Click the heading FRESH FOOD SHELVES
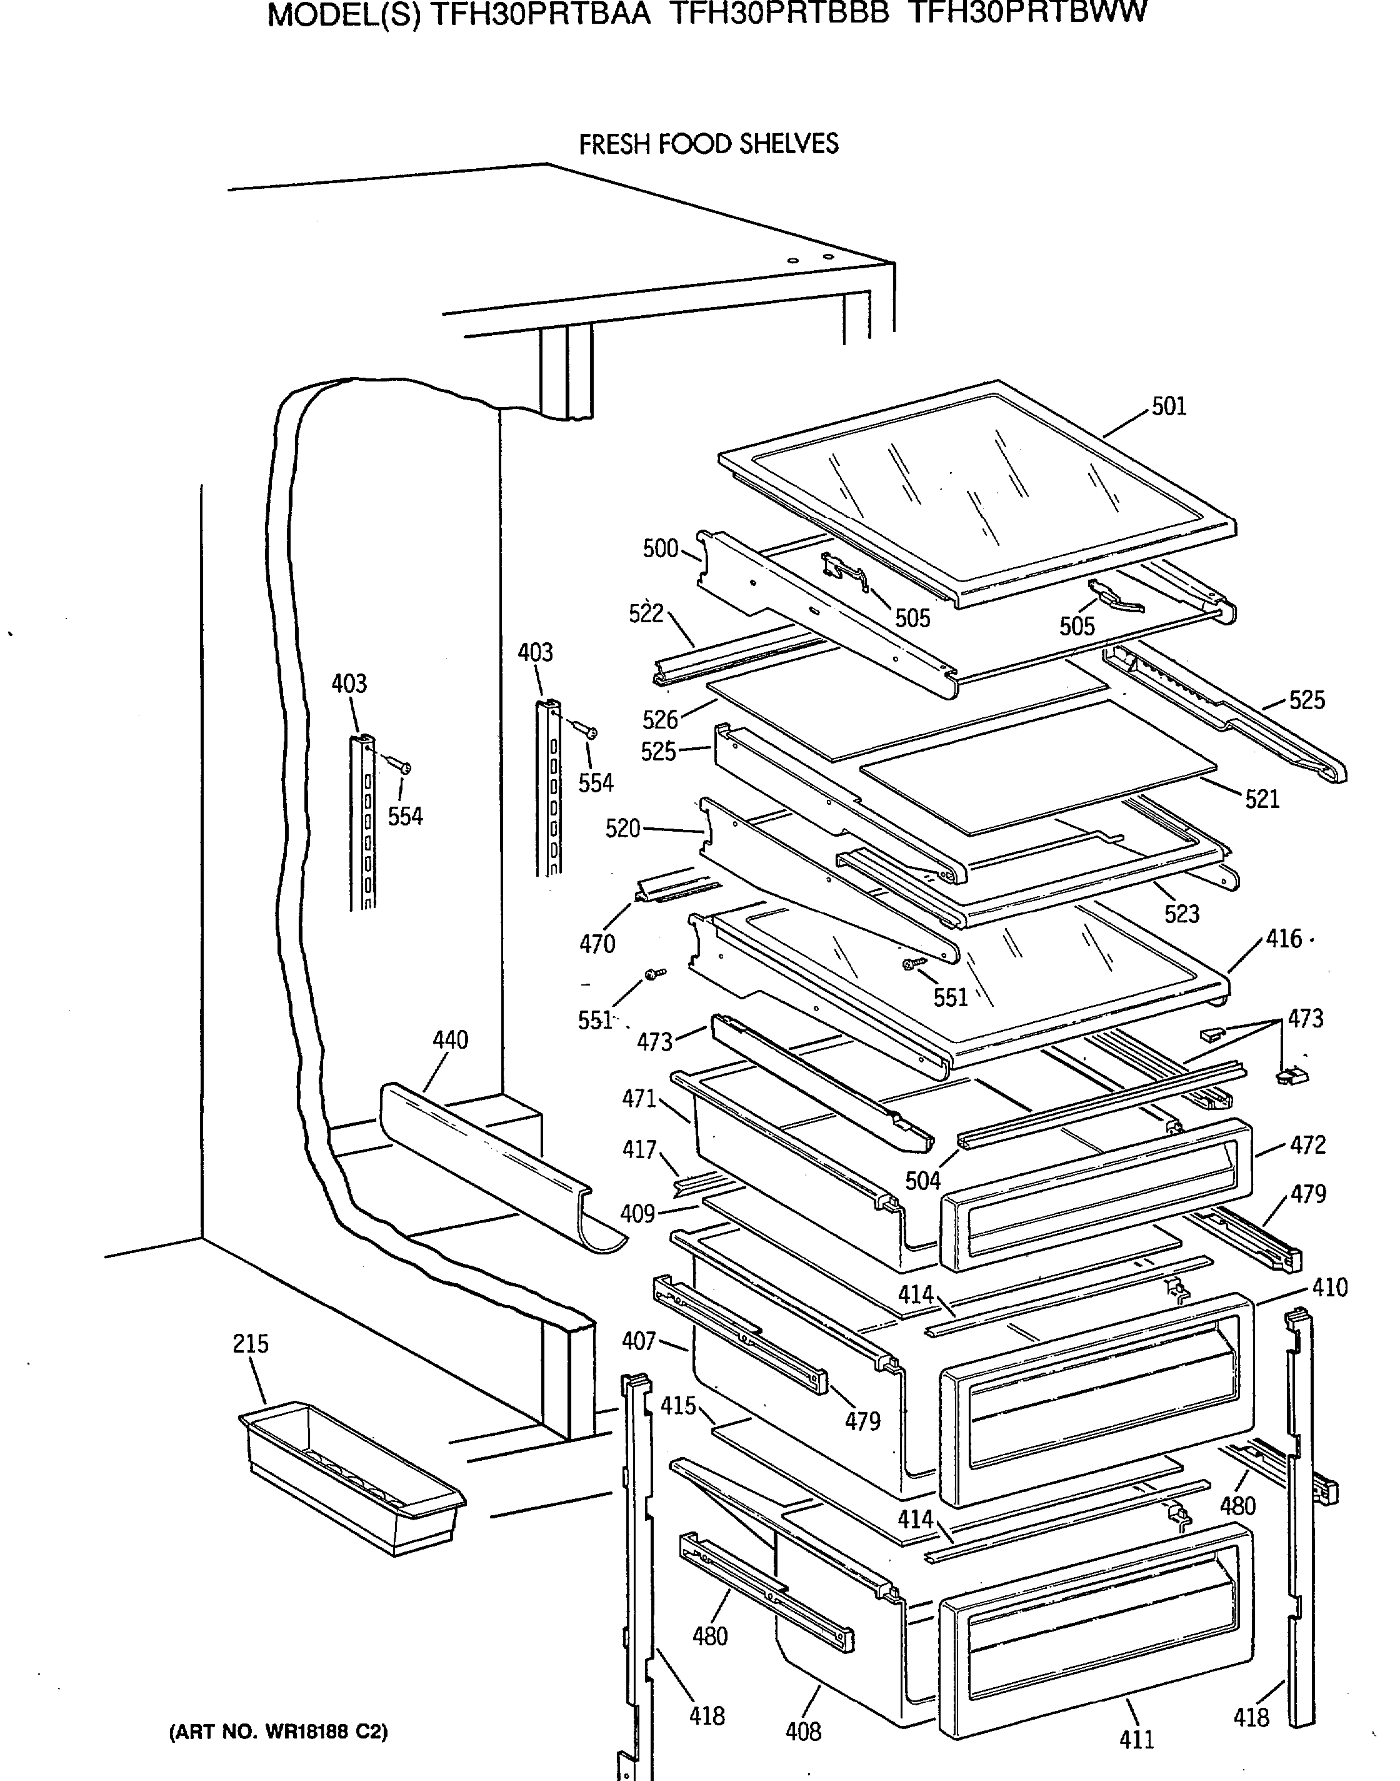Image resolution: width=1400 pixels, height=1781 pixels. tap(709, 144)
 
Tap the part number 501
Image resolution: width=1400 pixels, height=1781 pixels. tap(1169, 406)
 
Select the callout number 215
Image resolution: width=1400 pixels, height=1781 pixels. tap(250, 1344)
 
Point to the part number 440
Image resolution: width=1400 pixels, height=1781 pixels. tap(450, 1040)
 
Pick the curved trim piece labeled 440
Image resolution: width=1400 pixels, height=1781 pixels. tap(500, 1164)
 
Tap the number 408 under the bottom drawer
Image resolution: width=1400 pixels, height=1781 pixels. tap(802, 1731)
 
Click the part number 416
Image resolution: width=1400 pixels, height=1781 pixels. tap(1284, 938)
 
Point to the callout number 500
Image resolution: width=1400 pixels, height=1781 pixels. tap(660, 548)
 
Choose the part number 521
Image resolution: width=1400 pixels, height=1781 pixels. tap(1262, 799)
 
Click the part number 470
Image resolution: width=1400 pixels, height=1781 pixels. tap(597, 944)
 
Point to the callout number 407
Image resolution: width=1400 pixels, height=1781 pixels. tap(639, 1341)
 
